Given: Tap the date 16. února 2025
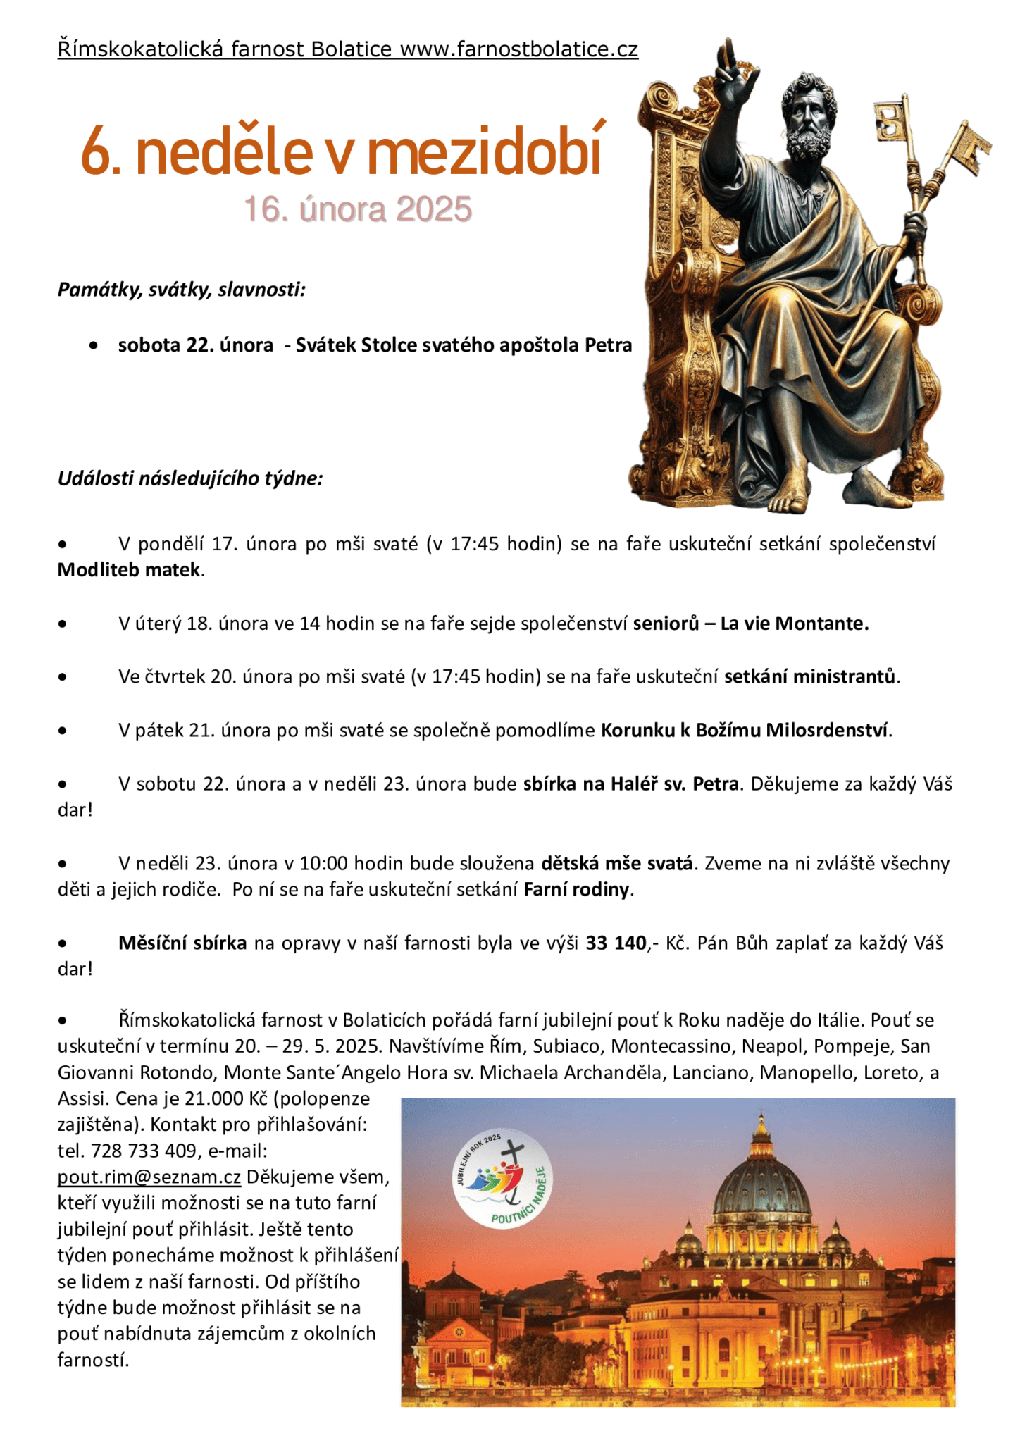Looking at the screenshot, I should [357, 209].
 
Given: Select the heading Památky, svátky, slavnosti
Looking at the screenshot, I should [182, 290].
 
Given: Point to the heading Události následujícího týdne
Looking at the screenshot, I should [190, 478].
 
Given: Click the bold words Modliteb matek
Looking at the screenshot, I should [130, 569].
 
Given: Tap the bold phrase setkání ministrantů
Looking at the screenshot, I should [811, 676].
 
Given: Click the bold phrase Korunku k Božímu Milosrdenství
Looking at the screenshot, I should [745, 730].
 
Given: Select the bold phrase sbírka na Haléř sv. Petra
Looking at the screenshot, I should [630, 784].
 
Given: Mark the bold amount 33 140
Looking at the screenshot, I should [616, 943].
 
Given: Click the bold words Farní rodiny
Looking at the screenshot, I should [576, 889].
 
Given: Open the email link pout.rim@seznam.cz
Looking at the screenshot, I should [149, 1177].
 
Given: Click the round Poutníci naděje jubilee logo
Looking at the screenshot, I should [502, 1179].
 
